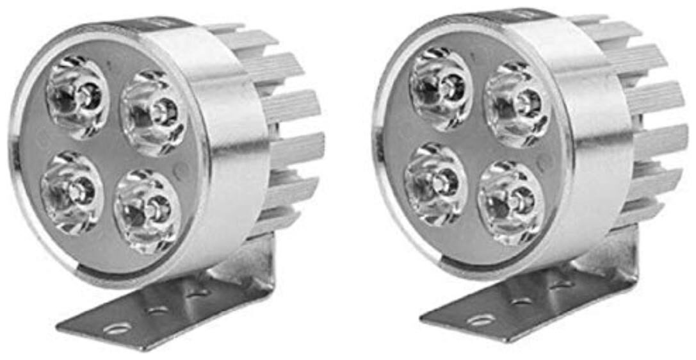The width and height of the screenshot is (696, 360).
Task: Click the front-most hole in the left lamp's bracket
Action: (117, 329)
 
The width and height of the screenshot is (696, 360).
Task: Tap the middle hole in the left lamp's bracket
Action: (158, 310)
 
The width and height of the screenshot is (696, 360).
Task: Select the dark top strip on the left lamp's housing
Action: (163, 24)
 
